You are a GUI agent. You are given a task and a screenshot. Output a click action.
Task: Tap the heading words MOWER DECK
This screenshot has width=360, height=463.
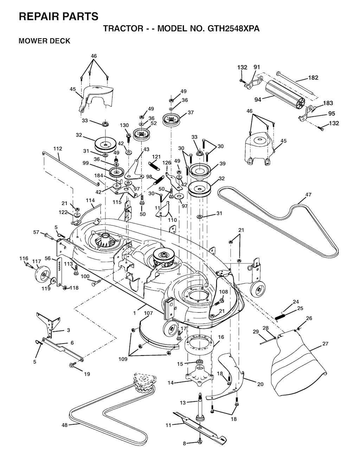(x=44, y=41)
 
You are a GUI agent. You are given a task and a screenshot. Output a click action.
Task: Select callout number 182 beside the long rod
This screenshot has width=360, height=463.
(x=313, y=78)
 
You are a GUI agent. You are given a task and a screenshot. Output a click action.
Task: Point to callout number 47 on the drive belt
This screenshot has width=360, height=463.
(x=308, y=195)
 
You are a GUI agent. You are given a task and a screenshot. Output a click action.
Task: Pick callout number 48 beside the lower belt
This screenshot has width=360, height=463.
(x=64, y=425)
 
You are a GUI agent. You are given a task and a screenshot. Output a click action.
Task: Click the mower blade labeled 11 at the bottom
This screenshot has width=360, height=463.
(x=200, y=426)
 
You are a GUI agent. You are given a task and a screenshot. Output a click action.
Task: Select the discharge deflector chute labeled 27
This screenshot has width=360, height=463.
(x=300, y=362)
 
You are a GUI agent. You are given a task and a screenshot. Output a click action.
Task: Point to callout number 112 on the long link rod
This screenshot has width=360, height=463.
(x=58, y=149)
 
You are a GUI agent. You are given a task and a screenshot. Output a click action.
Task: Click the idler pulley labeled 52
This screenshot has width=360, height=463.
(x=142, y=134)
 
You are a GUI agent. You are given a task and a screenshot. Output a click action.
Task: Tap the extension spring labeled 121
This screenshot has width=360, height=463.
(x=154, y=165)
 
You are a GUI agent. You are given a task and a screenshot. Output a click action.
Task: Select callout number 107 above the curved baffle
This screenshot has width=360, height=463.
(x=148, y=313)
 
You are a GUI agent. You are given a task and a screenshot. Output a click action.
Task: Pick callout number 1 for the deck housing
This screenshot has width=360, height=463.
(x=134, y=313)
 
